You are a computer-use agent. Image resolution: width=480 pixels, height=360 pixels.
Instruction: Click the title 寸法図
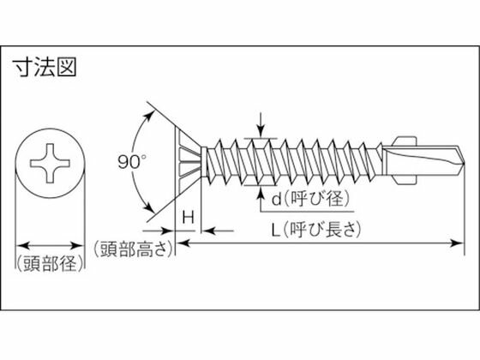(44, 68)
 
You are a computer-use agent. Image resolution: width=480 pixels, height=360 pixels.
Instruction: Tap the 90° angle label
(132, 162)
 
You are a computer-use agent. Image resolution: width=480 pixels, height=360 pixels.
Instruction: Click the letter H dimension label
(189, 218)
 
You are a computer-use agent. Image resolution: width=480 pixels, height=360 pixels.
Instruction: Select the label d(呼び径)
(310, 199)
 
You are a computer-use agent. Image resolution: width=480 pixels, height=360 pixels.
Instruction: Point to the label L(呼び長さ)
(316, 230)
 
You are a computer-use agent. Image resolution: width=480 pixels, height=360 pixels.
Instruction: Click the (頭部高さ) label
(134, 249)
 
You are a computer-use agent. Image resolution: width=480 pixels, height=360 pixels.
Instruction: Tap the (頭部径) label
(50, 263)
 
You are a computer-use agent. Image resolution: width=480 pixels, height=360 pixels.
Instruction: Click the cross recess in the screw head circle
(50, 163)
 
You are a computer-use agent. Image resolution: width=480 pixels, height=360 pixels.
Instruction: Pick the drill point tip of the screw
(464, 163)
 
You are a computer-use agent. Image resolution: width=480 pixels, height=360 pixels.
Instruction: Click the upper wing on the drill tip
(405, 141)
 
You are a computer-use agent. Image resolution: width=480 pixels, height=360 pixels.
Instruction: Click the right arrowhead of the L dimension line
(457, 243)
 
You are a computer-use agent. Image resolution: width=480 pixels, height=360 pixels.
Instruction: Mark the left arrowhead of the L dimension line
(183, 243)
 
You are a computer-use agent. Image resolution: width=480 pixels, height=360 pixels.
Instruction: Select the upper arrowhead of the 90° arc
(149, 117)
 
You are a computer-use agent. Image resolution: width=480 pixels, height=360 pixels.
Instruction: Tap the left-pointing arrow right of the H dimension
(218, 231)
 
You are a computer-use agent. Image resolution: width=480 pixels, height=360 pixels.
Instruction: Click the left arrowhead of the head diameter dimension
(23, 245)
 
